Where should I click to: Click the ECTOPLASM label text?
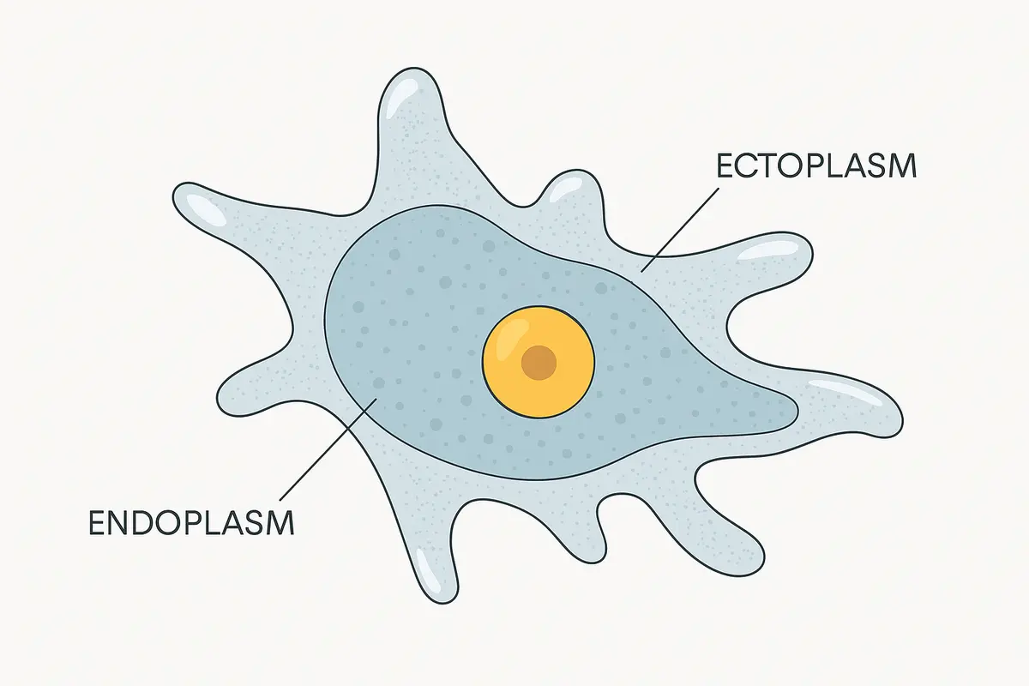point(816,165)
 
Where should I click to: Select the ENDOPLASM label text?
point(191,523)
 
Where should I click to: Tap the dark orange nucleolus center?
point(539,363)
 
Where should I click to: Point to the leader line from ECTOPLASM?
point(680,230)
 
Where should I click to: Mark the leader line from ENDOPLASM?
point(328,449)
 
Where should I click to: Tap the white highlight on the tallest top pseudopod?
point(398,98)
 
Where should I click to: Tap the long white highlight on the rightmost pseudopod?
point(845,391)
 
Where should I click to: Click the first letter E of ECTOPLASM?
point(725,165)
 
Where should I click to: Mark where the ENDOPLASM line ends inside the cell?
point(377,398)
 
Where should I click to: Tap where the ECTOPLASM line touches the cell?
point(641,272)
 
